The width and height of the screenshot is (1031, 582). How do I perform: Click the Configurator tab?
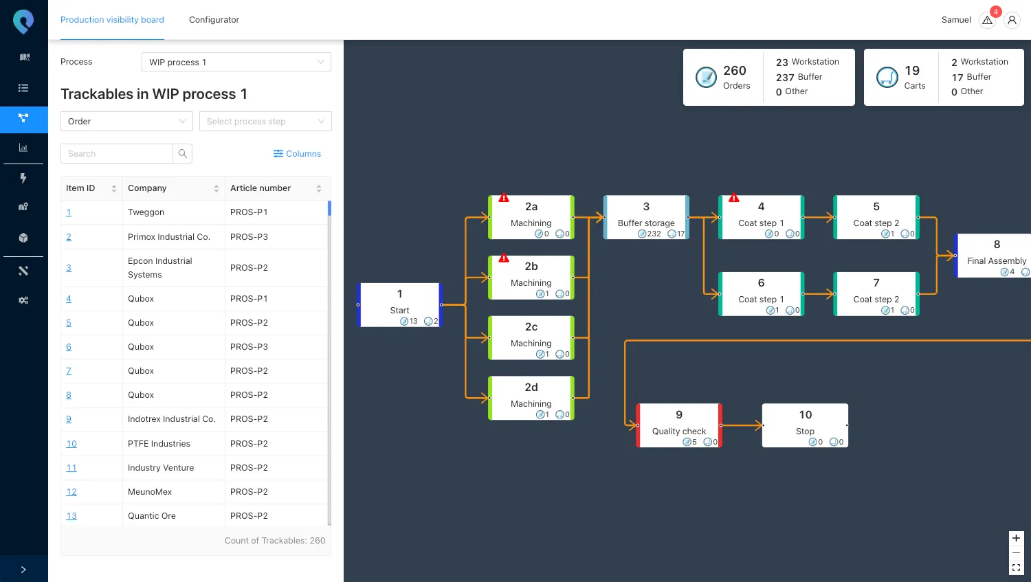pyautogui.click(x=214, y=20)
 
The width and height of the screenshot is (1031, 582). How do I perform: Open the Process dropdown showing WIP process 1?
pyautogui.click(x=236, y=62)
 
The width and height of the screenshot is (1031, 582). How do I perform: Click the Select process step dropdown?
pyautogui.click(x=265, y=122)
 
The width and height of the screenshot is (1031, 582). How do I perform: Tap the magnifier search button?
pyautogui.click(x=183, y=154)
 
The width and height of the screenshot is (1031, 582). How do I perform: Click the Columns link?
pyautogui.click(x=297, y=154)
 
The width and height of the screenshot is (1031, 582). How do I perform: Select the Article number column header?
pyautogui.click(x=260, y=188)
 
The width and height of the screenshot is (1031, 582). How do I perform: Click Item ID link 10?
pyautogui.click(x=71, y=444)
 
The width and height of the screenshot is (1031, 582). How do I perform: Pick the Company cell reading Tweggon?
pyautogui.click(x=146, y=212)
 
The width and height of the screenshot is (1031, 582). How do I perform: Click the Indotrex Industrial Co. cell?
pyautogui.click(x=171, y=419)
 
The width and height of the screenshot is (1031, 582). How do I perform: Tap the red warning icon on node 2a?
pyautogui.click(x=504, y=198)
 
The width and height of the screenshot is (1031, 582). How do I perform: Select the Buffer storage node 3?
pyautogui.click(x=646, y=217)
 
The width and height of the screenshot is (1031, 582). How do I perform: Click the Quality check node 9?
pyautogui.click(x=678, y=425)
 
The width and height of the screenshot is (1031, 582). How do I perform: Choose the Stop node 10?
pyautogui.click(x=805, y=425)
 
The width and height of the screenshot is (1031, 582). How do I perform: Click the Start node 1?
pyautogui.click(x=399, y=304)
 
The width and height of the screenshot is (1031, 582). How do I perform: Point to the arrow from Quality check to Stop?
pyautogui.click(x=742, y=425)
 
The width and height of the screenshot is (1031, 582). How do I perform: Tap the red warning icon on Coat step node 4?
pyautogui.click(x=733, y=198)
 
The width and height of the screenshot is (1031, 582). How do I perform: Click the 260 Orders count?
pyautogui.click(x=734, y=77)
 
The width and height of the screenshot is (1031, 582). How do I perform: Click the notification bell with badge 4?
pyautogui.click(x=988, y=20)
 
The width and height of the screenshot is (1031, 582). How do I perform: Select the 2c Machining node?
pyautogui.click(x=531, y=337)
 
